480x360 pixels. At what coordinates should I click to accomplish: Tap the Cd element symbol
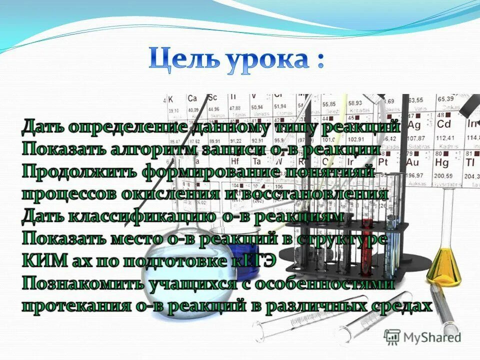tap(444, 123)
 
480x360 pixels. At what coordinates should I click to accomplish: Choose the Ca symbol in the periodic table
tap(192, 98)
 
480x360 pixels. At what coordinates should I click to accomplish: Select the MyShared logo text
tap(431, 337)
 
